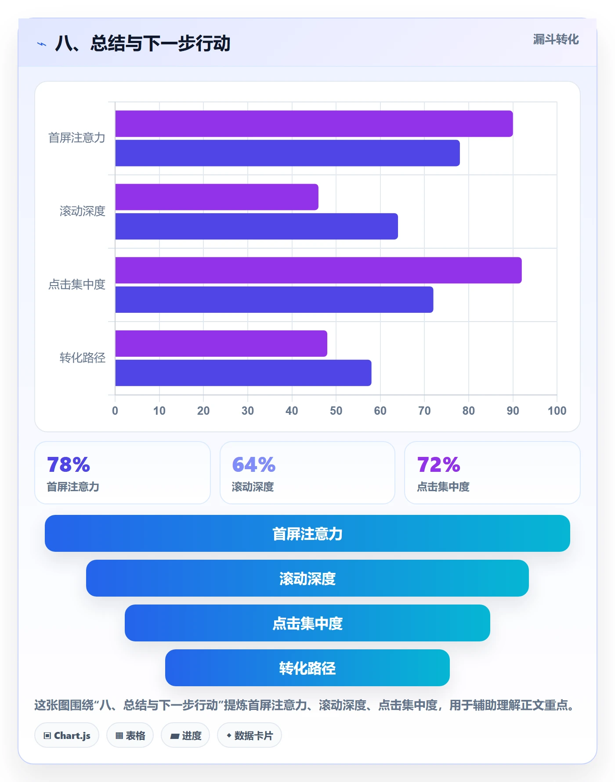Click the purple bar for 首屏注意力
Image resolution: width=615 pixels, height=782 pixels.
click(x=314, y=123)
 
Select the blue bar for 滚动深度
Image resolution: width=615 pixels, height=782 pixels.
click(x=257, y=226)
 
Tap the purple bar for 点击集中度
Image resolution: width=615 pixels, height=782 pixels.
click(x=318, y=270)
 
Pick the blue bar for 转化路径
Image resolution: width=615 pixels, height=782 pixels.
click(x=243, y=373)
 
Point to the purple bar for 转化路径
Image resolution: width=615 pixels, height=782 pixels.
click(x=221, y=344)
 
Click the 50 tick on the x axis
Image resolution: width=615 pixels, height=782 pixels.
click(x=336, y=411)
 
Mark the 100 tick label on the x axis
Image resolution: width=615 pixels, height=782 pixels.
click(x=557, y=411)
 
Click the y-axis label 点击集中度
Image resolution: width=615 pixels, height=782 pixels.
click(x=77, y=285)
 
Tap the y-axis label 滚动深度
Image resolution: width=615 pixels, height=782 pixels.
click(x=83, y=211)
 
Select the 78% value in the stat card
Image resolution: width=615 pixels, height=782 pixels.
click(x=69, y=464)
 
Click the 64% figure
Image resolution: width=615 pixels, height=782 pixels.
click(x=253, y=464)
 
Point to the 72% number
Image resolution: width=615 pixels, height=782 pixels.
click(x=438, y=464)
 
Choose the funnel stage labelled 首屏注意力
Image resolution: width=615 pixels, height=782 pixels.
click(x=307, y=533)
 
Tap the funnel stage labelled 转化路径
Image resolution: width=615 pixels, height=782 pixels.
click(x=307, y=668)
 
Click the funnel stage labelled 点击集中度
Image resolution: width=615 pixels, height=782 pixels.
click(x=307, y=623)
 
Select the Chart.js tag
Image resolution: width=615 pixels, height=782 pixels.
click(x=67, y=735)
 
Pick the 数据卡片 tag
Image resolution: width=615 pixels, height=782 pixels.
click(x=250, y=735)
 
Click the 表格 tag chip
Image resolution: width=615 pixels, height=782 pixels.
click(x=130, y=735)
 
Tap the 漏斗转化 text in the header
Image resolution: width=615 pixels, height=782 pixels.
click(x=556, y=40)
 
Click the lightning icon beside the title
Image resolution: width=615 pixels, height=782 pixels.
click(x=42, y=44)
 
